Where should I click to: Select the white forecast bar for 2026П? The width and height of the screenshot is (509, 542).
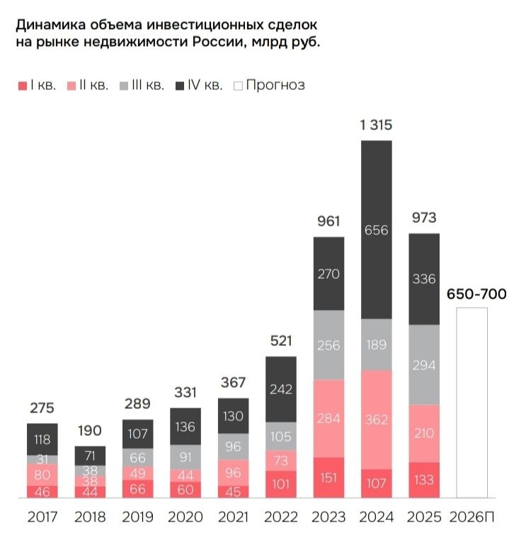click(x=471, y=403)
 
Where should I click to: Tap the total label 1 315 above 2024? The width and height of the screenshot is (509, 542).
click(x=376, y=125)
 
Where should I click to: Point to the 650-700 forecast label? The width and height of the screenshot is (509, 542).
click(x=476, y=294)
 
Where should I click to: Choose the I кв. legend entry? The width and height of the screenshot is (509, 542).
click(x=34, y=86)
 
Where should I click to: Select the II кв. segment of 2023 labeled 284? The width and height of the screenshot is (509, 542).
click(x=328, y=418)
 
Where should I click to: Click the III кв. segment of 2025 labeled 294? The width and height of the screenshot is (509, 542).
click(x=424, y=365)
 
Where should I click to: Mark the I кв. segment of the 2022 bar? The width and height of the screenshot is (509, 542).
click(x=280, y=484)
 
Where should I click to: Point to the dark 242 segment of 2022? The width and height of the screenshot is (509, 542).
click(x=280, y=389)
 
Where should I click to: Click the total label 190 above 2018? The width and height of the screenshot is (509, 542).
click(x=90, y=430)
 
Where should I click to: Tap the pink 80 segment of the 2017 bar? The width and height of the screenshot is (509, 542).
click(x=42, y=474)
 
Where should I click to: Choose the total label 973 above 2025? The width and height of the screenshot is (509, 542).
click(x=424, y=217)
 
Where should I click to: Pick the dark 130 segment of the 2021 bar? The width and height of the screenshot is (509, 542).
click(x=233, y=417)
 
